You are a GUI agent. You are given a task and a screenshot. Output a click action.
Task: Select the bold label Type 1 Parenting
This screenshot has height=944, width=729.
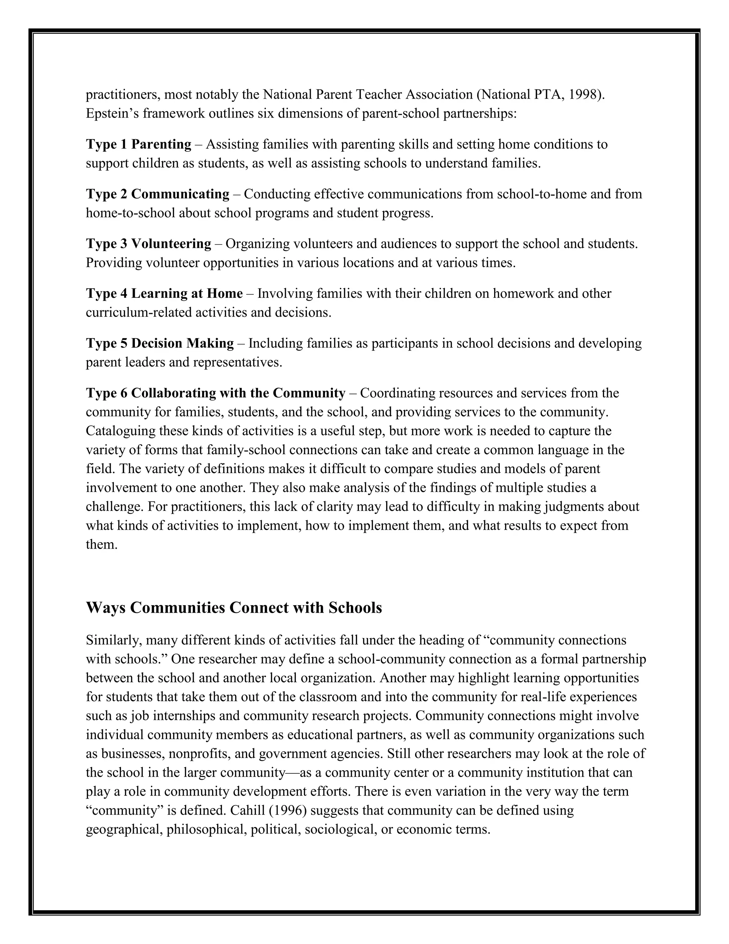(x=138, y=144)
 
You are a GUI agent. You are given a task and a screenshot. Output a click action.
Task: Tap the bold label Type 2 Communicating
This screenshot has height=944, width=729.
(x=158, y=194)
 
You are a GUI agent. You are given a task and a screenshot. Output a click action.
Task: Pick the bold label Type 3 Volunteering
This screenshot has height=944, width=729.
(x=148, y=244)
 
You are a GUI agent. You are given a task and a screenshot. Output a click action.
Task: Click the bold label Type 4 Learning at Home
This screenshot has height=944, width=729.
(x=164, y=294)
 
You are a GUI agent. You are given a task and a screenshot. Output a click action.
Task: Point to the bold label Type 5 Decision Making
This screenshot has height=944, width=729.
(x=160, y=343)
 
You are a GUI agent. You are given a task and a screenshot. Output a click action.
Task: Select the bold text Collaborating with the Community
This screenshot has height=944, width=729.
(x=238, y=393)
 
